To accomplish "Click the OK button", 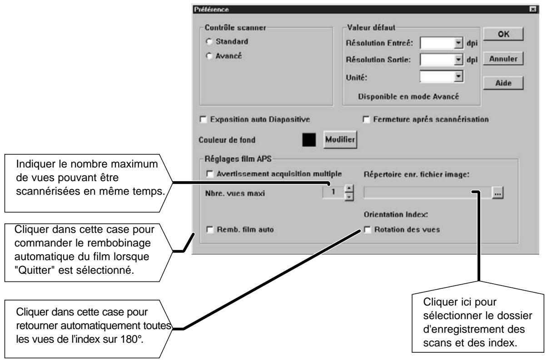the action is click(503, 34).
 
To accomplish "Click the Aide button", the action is click(503, 83).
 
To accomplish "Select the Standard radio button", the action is click(209, 41).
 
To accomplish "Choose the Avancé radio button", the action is click(209, 56).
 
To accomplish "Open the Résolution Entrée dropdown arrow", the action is click(458, 43).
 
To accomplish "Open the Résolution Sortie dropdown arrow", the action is click(458, 59).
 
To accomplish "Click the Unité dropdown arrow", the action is click(458, 76).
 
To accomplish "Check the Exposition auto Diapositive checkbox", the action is click(203, 119).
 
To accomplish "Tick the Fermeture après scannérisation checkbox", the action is click(366, 119).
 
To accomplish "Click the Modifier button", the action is click(340, 140).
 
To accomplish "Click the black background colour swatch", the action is click(309, 140).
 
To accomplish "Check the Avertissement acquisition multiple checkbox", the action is click(210, 174).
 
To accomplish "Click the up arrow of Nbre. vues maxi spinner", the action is click(349, 188).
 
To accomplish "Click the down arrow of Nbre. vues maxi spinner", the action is click(349, 197).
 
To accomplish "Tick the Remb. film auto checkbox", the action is click(210, 230).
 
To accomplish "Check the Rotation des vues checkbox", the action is click(367, 230).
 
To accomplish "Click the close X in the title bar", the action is click(532, 9).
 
